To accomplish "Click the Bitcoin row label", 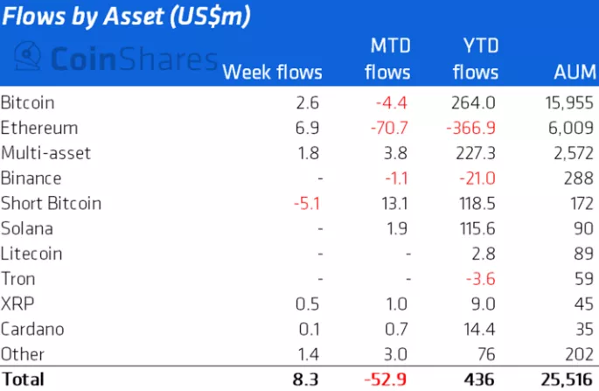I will tap(27, 102).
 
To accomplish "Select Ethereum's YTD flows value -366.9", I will tap(472, 128).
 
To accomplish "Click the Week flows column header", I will tap(273, 72).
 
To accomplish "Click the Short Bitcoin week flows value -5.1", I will tap(308, 204).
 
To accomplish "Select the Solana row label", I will tap(27, 229).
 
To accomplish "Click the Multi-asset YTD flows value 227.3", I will tap(477, 153).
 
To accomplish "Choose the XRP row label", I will tap(17, 304).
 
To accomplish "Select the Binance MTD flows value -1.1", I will tap(395, 178).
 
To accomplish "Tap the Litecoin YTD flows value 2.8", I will tap(487, 255).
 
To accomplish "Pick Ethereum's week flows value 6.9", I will tap(312, 128).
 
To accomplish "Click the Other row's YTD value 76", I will tap(488, 355).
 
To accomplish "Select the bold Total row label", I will tap(24, 380).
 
